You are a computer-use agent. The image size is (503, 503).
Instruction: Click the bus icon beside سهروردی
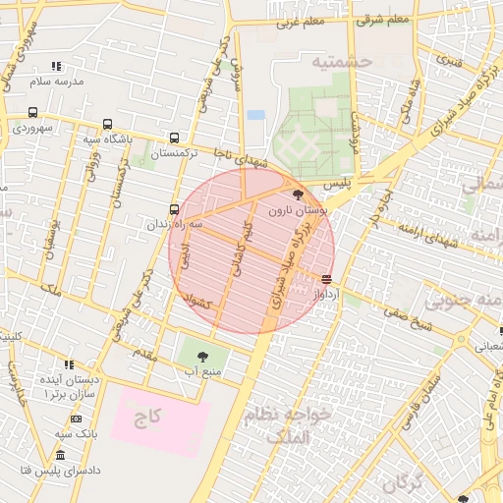point(32,112)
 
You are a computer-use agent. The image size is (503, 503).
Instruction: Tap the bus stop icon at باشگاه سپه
point(107,125)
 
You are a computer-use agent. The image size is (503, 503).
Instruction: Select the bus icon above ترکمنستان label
point(175,139)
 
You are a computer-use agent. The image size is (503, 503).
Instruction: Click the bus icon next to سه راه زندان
point(174,209)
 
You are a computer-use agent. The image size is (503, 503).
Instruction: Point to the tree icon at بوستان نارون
point(299,195)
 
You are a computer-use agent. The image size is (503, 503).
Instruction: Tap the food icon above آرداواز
point(326,279)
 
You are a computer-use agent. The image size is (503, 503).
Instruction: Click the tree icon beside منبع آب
point(202,356)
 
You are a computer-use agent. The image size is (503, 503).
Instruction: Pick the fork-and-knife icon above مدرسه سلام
point(56,66)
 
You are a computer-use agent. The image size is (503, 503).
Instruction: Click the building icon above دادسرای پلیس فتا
point(60,456)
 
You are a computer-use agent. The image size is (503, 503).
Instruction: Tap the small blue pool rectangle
point(256,115)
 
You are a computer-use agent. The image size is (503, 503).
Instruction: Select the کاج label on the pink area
point(147,419)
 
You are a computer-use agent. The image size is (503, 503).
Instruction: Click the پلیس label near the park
point(337,185)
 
